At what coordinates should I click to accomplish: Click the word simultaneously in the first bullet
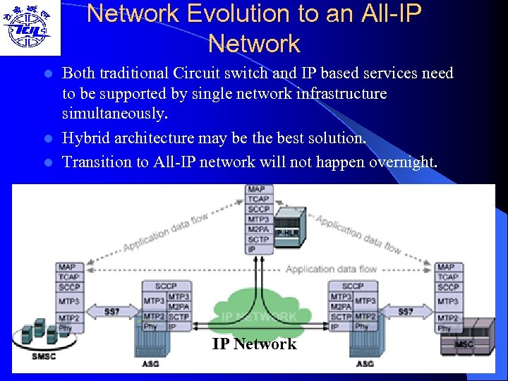coord(115,114)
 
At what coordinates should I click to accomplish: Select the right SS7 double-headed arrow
coord(406,311)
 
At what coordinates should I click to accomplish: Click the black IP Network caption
coord(254,344)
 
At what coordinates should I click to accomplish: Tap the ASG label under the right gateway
coord(365,364)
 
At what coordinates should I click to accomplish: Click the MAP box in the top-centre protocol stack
coord(257,190)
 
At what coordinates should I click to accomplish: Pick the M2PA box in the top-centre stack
coord(257,229)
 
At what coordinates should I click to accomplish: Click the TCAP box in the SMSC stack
coord(69,277)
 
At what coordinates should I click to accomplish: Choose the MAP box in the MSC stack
coord(446,267)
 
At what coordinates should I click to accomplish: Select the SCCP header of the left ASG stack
coord(166,286)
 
